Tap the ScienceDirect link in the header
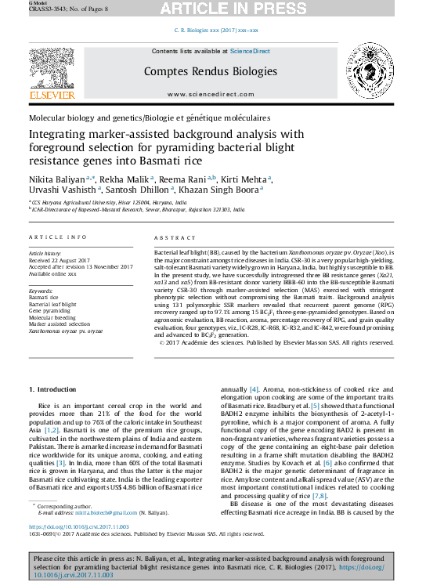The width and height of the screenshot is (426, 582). coord(250,51)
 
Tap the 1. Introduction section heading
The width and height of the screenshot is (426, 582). coord(52,389)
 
